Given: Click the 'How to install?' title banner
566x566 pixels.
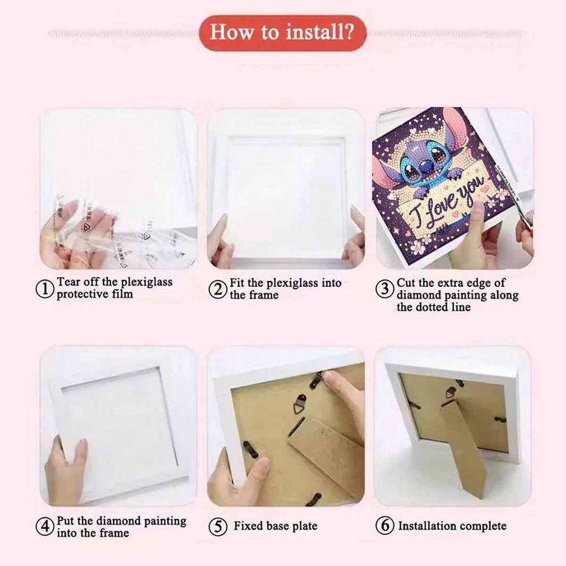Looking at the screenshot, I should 282,33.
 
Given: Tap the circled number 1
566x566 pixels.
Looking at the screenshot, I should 46,289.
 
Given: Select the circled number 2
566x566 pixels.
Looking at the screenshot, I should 219,289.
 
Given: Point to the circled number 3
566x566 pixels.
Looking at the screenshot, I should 385,289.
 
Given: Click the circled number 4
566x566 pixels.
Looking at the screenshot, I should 46,526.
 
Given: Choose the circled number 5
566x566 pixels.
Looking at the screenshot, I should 218,526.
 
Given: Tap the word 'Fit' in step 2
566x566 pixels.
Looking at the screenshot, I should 237,283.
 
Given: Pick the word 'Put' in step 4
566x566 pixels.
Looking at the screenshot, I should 66,521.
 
